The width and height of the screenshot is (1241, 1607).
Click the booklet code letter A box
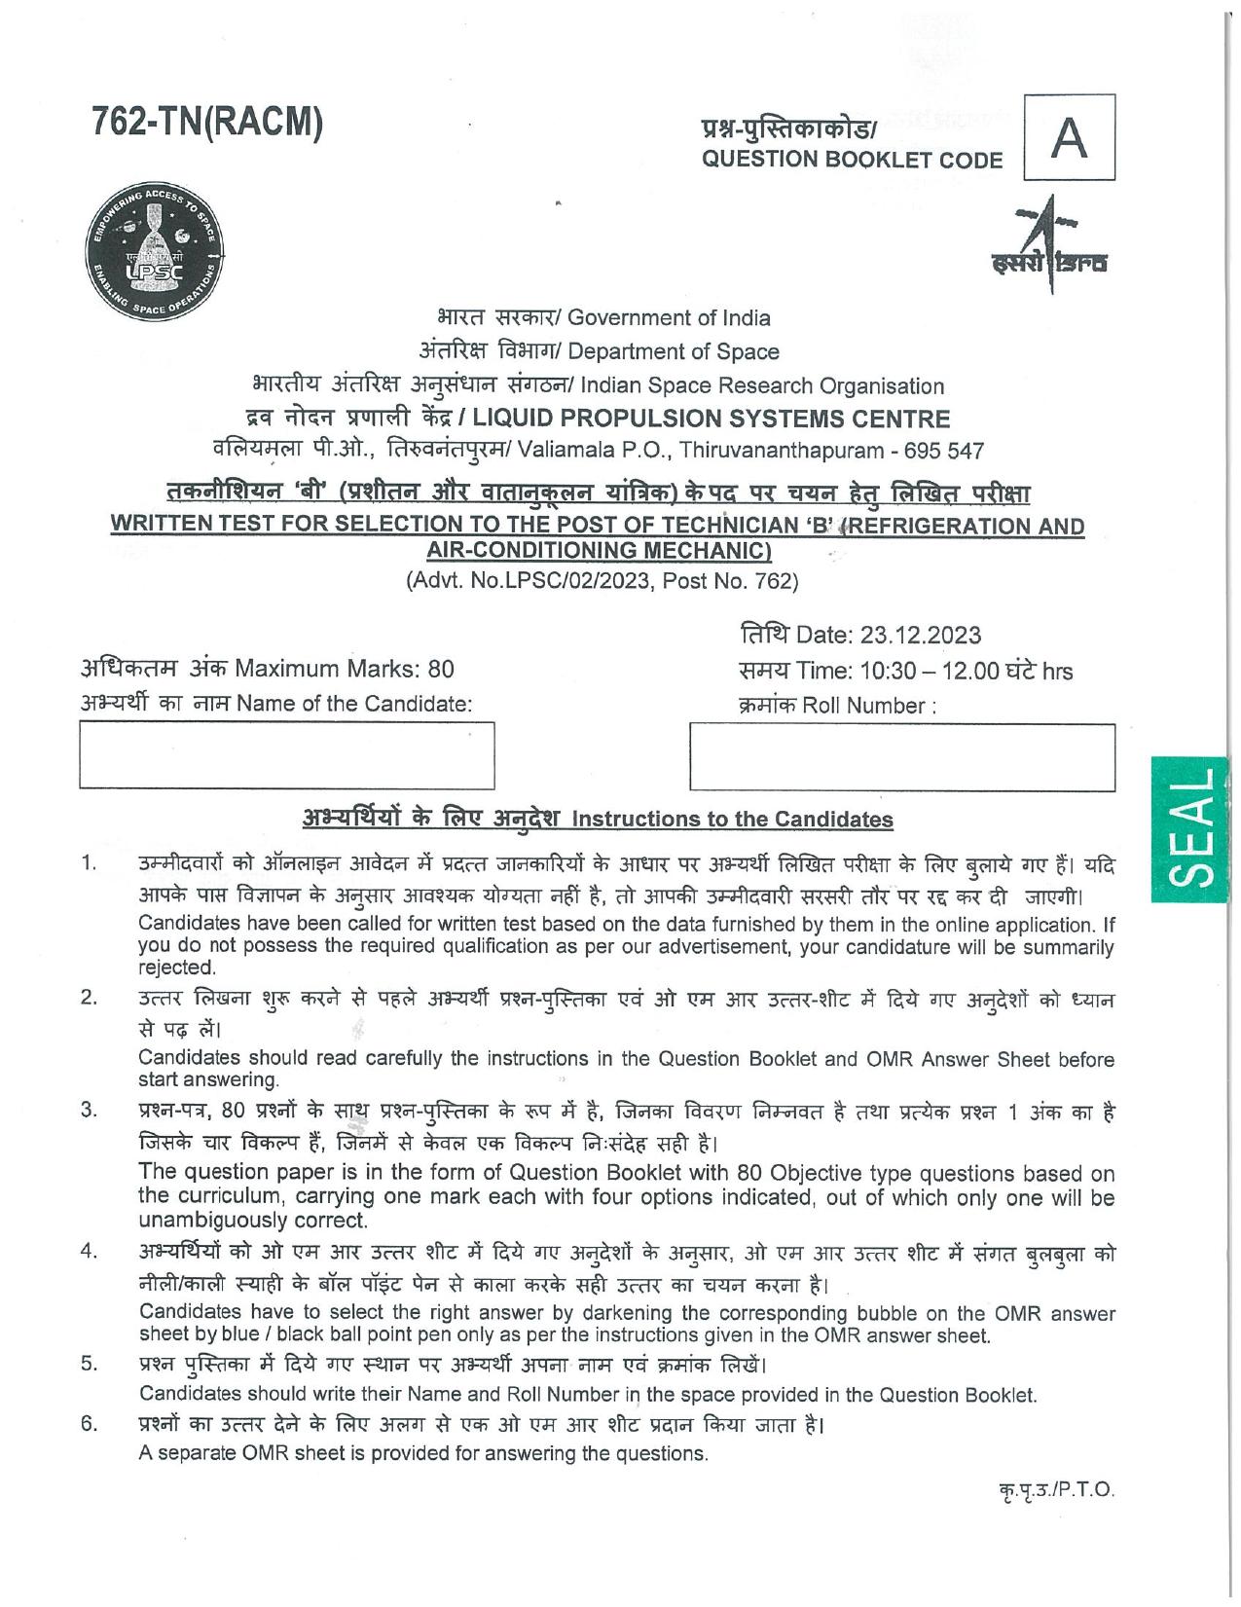coord(1069,137)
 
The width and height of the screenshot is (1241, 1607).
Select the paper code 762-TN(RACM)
coord(206,124)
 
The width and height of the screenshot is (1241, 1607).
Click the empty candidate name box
coord(286,754)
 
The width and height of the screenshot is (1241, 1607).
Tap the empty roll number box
coord(901,756)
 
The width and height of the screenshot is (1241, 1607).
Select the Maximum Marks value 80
coord(441,670)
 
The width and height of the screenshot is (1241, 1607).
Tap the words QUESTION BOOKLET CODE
coord(852,161)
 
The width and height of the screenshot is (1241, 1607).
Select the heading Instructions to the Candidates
coord(732,820)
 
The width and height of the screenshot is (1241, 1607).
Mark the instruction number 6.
coord(89,1425)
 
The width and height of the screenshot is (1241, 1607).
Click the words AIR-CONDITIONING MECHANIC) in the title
coord(600,551)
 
